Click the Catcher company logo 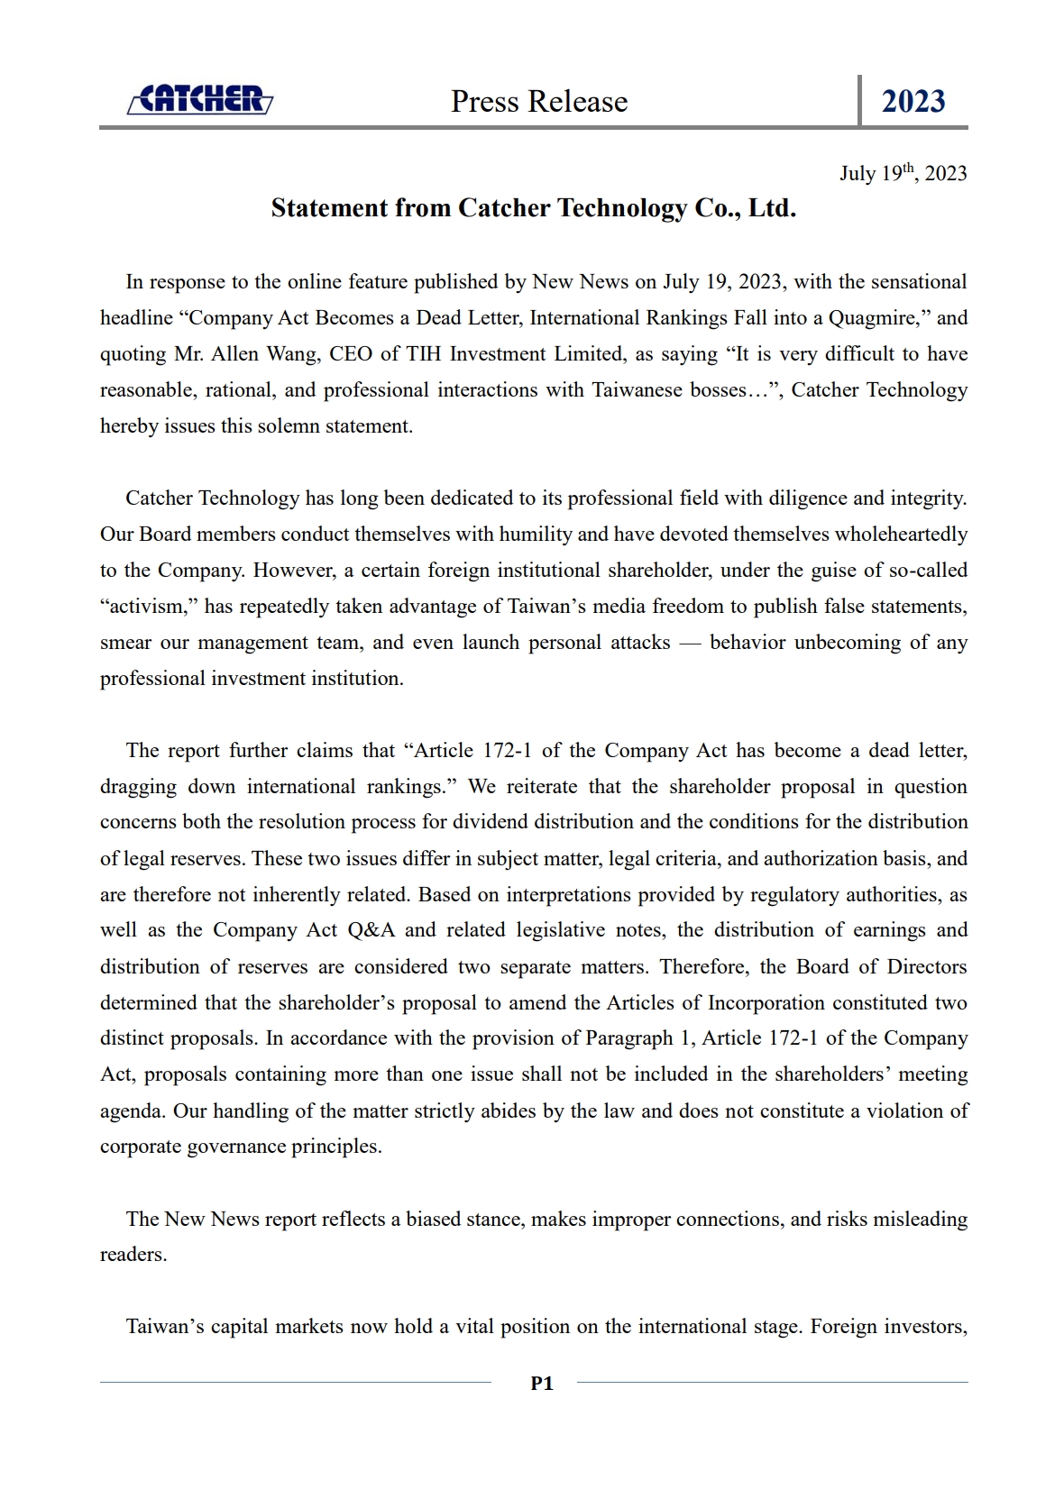[x=200, y=99]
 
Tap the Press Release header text [x=539, y=101]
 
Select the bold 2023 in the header [x=913, y=101]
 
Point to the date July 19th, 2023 [x=903, y=173]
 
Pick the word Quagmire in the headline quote [x=870, y=318]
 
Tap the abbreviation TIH [x=424, y=354]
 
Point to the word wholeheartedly [x=901, y=535]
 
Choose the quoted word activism [x=149, y=607]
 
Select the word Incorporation [x=766, y=1002]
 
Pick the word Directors [x=927, y=966]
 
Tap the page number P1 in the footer [x=542, y=1383]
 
